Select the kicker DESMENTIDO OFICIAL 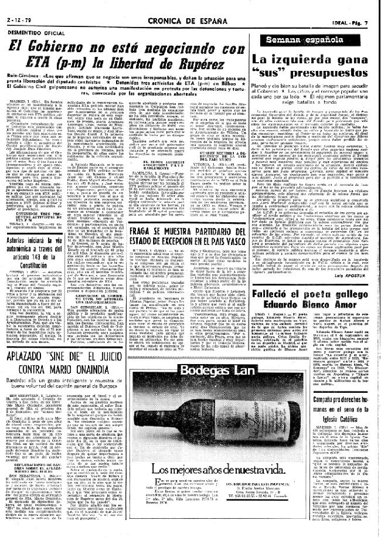[33, 18]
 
